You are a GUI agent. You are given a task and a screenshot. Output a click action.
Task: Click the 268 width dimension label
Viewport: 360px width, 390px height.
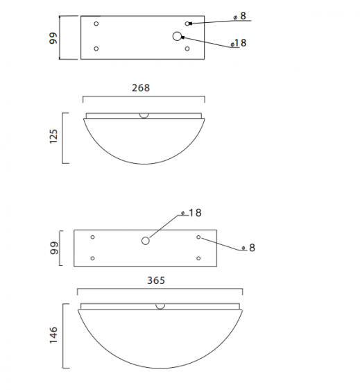(141, 88)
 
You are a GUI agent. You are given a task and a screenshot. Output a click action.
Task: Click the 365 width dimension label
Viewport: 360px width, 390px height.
(156, 280)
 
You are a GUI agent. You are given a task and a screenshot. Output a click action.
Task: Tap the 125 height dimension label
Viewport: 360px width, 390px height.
(53, 136)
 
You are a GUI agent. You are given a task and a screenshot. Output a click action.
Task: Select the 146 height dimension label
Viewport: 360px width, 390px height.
(53, 335)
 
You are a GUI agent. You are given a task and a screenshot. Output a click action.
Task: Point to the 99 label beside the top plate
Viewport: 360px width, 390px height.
(53, 38)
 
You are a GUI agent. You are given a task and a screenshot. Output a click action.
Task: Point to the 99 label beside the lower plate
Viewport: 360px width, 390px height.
(53, 248)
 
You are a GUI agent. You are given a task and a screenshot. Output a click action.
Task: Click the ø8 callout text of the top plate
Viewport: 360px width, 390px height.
(240, 16)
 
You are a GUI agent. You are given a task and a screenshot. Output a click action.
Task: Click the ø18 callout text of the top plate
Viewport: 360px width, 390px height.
(239, 43)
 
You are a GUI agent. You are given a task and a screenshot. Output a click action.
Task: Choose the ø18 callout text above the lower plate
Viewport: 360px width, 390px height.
(191, 213)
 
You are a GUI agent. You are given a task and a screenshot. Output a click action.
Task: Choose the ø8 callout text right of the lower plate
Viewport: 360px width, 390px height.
(248, 248)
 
